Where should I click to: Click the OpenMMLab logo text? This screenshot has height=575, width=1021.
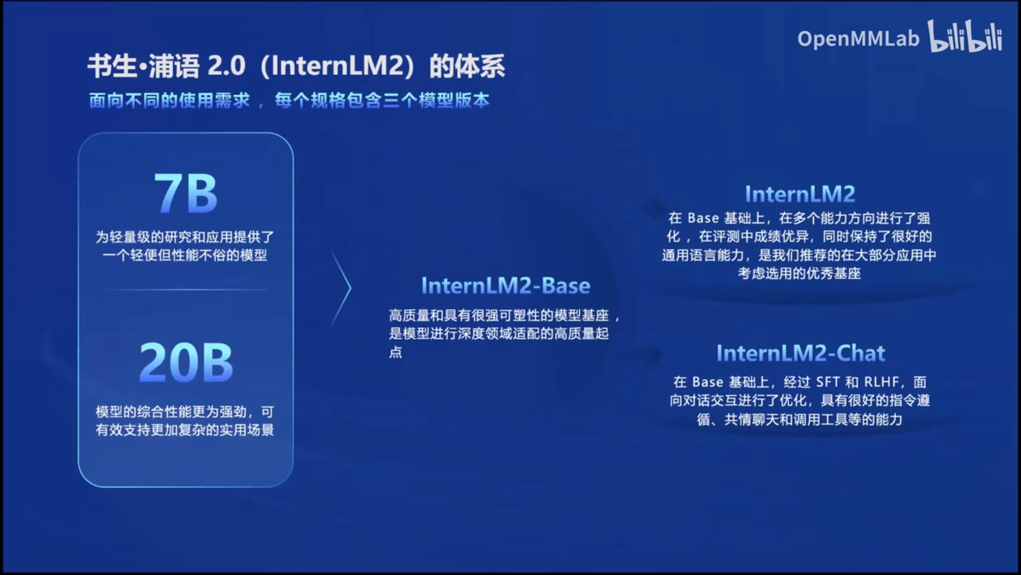click(x=858, y=39)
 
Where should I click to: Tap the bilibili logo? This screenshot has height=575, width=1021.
click(x=965, y=36)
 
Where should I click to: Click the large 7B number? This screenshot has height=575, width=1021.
click(x=185, y=193)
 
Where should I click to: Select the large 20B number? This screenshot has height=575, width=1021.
click(x=186, y=362)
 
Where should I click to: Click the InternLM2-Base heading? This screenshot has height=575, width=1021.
click(x=506, y=286)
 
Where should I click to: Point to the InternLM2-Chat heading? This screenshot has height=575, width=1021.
click(x=801, y=353)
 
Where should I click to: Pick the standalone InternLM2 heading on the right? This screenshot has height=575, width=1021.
click(x=800, y=194)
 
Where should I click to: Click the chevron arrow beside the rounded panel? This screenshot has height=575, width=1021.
click(x=341, y=288)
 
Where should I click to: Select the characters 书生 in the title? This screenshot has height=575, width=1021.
click(x=112, y=66)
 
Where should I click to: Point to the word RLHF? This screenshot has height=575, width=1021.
click(x=881, y=382)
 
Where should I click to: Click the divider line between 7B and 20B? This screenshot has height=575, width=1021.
click(x=186, y=289)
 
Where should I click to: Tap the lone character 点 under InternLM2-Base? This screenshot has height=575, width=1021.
click(x=396, y=352)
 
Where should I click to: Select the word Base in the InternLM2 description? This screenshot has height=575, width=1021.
click(x=703, y=218)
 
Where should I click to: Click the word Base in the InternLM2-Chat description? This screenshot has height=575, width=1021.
click(x=708, y=382)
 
